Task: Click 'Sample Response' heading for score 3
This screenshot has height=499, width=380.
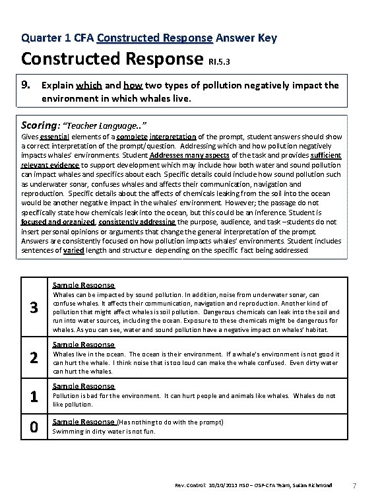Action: pyautogui.click(x=83, y=285)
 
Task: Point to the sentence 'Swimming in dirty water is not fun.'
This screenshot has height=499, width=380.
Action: pyautogui.click(x=102, y=432)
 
